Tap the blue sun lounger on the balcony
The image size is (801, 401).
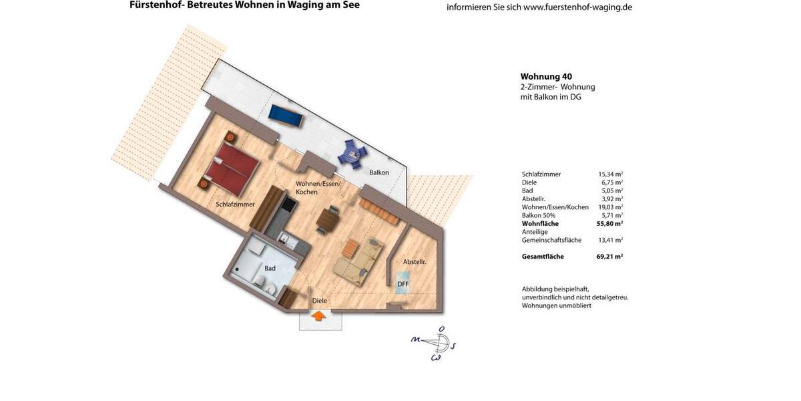click(x=286, y=116)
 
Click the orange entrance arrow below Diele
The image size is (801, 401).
click(x=320, y=315)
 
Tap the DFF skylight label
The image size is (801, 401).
click(x=403, y=284)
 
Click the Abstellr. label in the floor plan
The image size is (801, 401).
click(x=415, y=262)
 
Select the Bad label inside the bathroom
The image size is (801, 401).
click(x=270, y=268)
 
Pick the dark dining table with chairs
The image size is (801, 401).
click(x=328, y=219)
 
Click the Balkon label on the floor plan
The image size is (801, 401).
click(x=379, y=172)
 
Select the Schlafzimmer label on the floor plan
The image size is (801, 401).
click(x=235, y=205)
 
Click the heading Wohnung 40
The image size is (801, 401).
click(x=546, y=77)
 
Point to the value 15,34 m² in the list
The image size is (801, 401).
click(x=610, y=174)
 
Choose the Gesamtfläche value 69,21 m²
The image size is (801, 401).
click(x=609, y=257)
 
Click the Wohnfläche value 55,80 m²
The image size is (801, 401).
click(x=609, y=224)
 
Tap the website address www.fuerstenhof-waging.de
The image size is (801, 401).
click(x=577, y=7)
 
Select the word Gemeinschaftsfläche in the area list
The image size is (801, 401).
click(x=551, y=240)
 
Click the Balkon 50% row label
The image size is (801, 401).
click(x=539, y=215)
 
